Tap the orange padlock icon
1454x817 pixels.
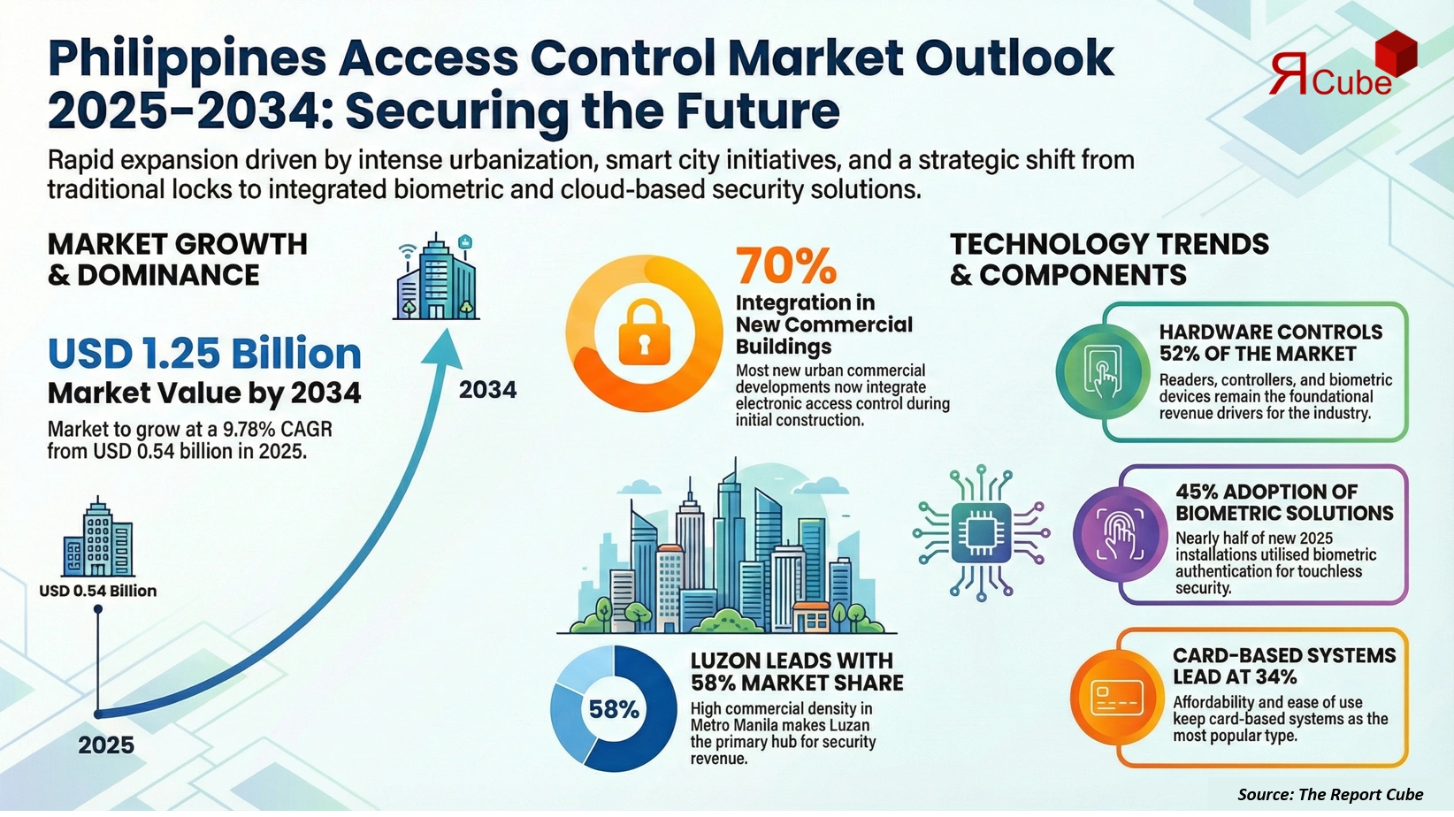(x=645, y=332)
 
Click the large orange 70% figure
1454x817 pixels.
(x=785, y=265)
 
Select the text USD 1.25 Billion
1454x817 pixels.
(x=204, y=354)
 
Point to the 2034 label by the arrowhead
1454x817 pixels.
(x=487, y=390)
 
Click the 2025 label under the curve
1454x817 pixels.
(x=106, y=745)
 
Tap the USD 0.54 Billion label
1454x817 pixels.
(x=97, y=591)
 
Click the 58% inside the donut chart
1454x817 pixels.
(x=614, y=709)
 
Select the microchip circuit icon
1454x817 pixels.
(x=981, y=533)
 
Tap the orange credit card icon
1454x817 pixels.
(x=1116, y=698)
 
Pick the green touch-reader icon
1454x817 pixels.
(x=1102, y=370)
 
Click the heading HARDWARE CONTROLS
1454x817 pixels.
(x=1270, y=332)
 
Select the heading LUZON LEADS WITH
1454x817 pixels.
(x=792, y=661)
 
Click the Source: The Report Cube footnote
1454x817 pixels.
(x=1330, y=794)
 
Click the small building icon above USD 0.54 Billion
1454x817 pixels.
(x=97, y=539)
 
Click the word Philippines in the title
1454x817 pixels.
(x=187, y=58)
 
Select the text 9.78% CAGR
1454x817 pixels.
(x=277, y=431)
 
